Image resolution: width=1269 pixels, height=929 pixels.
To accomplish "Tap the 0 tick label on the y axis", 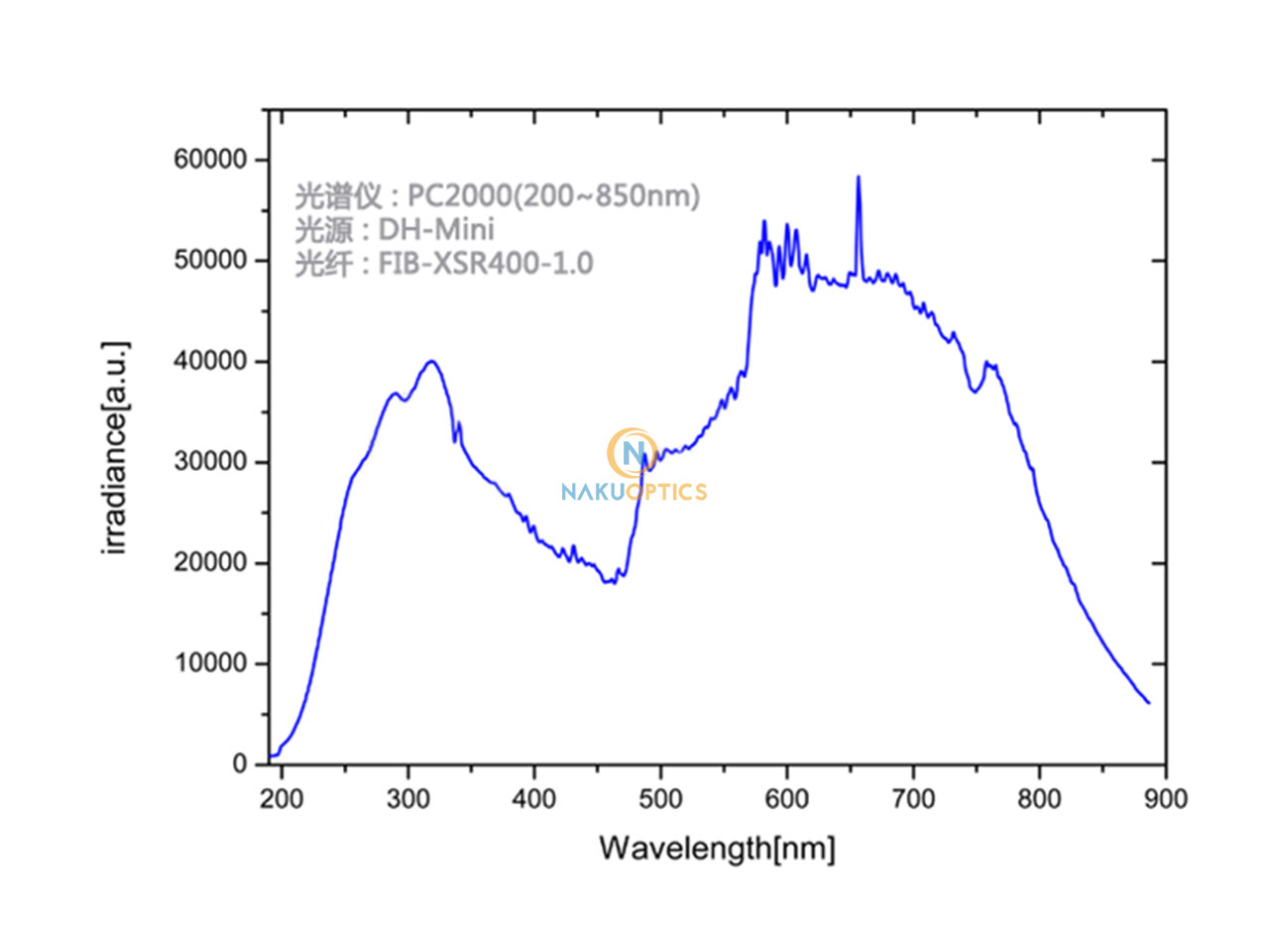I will tap(240, 764).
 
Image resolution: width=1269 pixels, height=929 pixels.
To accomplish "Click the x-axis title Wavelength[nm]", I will tap(716, 849).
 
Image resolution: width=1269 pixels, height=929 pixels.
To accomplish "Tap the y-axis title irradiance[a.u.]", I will tap(116, 447).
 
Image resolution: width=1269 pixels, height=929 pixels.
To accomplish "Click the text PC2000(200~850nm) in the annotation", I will tap(554, 197).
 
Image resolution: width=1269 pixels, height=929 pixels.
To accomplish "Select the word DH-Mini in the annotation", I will tap(437, 231).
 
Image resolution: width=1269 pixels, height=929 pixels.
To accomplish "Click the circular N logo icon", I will tap(632, 454).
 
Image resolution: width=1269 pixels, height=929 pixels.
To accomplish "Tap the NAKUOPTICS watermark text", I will tap(634, 492).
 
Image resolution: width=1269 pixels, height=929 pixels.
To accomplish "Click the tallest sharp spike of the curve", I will tap(859, 177).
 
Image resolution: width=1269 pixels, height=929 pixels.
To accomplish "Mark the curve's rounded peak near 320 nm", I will tap(431, 361).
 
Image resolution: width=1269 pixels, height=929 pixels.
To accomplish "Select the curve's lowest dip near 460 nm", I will tap(611, 582).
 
